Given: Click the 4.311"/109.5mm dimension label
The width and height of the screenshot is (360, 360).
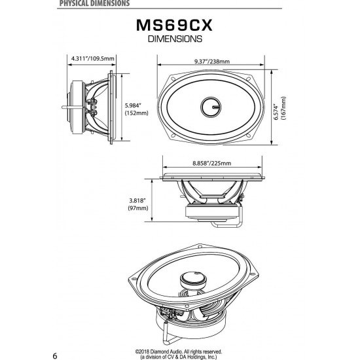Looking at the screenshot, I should click(93, 59).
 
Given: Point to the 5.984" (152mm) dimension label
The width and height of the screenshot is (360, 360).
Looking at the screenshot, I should click(137, 109).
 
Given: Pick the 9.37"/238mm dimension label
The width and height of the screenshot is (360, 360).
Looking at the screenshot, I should click(211, 62).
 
